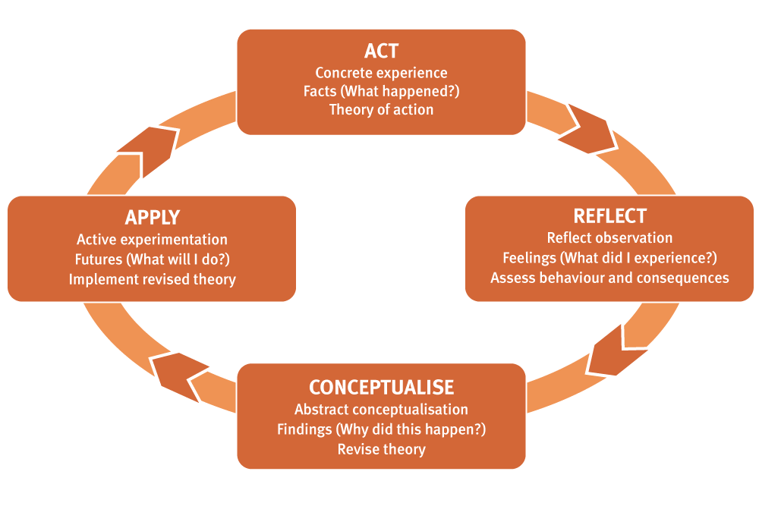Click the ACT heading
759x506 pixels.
[381, 52]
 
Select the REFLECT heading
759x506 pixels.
[609, 216]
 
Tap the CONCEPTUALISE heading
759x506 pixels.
[381, 387]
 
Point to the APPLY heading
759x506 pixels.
[152, 218]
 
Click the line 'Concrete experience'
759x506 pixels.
[381, 73]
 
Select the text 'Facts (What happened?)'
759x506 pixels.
[381, 91]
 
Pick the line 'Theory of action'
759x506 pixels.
[381, 109]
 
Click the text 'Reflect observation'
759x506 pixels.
[609, 238]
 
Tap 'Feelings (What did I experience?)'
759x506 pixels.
[609, 258]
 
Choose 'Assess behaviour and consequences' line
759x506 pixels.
[609, 278]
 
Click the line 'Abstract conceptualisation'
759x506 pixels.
[381, 410]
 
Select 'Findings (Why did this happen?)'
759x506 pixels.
[381, 429]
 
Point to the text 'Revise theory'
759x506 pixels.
[381, 449]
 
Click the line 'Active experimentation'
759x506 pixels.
[152, 240]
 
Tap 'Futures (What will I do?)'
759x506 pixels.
[152, 259]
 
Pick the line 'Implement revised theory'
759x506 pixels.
[152, 279]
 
